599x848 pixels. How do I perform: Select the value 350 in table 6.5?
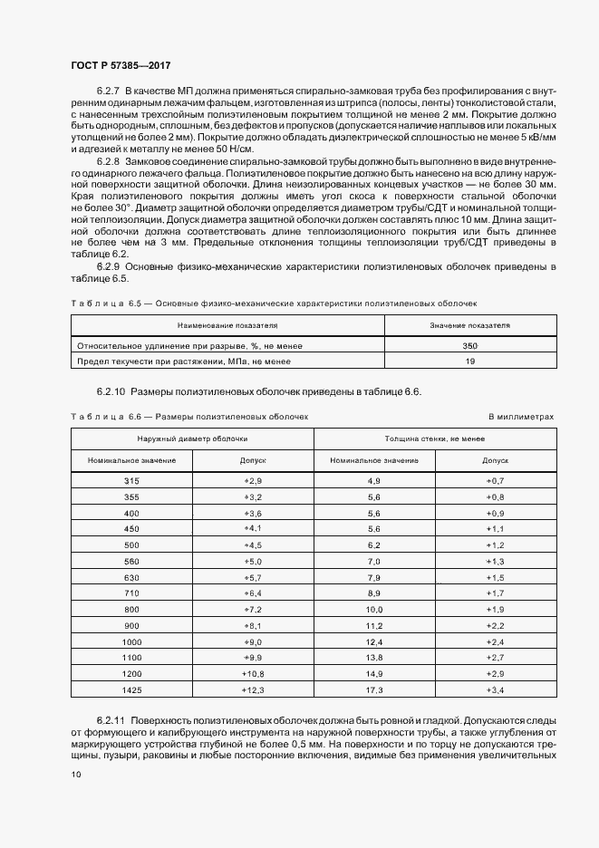click(x=469, y=346)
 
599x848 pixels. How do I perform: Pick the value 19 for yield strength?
click(x=469, y=361)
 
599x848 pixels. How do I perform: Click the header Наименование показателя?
click(x=227, y=323)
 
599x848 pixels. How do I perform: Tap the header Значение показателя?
click(x=469, y=323)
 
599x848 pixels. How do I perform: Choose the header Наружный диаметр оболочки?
click(x=192, y=438)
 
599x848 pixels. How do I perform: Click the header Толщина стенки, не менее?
click(x=434, y=438)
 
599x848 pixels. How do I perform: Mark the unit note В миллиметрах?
click(x=520, y=417)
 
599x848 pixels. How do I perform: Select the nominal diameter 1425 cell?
click(x=131, y=691)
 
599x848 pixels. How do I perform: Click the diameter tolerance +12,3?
click(x=252, y=691)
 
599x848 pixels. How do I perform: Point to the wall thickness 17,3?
click(x=374, y=691)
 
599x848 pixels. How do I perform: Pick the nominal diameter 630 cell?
click(x=131, y=577)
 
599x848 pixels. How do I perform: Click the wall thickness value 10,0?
click(x=374, y=610)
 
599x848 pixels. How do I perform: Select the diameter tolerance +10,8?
click(x=252, y=675)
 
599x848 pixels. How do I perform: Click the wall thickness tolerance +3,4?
click(x=495, y=691)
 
